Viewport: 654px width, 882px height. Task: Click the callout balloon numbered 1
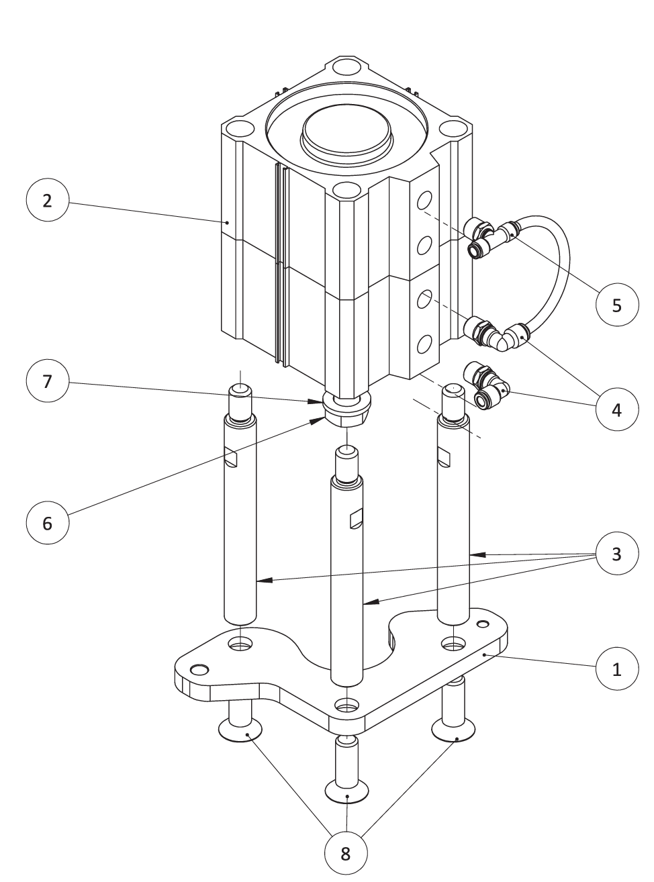click(x=617, y=668)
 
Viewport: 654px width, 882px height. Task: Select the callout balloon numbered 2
click(x=47, y=200)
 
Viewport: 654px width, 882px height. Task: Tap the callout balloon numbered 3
click(x=617, y=554)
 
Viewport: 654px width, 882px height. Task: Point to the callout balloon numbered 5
click(x=617, y=305)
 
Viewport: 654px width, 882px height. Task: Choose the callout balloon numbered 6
click(x=47, y=522)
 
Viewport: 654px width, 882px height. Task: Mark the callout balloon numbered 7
click(x=47, y=381)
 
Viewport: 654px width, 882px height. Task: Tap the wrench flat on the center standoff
click(x=356, y=518)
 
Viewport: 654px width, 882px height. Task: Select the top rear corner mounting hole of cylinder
click(x=346, y=67)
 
